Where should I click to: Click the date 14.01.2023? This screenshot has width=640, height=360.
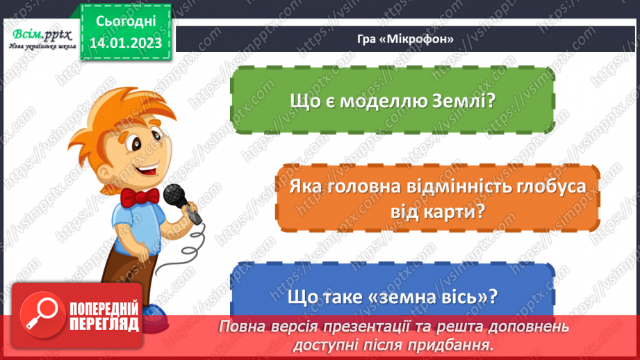point(125,44)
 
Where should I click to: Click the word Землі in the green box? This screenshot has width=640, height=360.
point(463,100)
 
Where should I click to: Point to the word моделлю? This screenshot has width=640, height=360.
point(381,100)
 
